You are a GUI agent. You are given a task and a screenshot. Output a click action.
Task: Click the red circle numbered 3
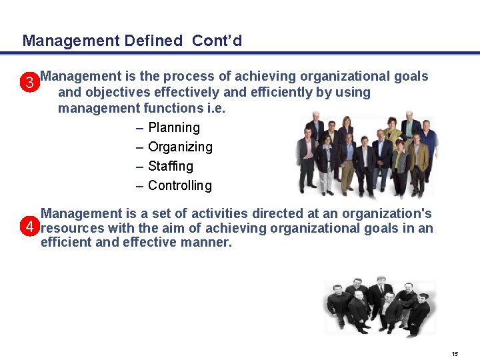[x=29, y=83]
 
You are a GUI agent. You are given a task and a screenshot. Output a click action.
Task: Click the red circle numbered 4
[x=29, y=228]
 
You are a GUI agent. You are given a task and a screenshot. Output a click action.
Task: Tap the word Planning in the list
[x=173, y=127]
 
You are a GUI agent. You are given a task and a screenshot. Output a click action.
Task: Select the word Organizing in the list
[x=180, y=147]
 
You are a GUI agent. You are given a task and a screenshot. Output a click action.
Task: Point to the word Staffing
[x=171, y=166]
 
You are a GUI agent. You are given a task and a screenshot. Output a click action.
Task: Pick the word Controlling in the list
[x=180, y=185]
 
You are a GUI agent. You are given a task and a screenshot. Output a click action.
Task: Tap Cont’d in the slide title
[x=217, y=41]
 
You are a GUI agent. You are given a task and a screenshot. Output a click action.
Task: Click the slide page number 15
[x=455, y=353]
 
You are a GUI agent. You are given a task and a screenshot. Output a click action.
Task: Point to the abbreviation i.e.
[x=215, y=108]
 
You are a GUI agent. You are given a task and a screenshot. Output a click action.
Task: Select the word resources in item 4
[x=71, y=228]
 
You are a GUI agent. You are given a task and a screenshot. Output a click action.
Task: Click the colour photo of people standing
[x=366, y=155]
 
